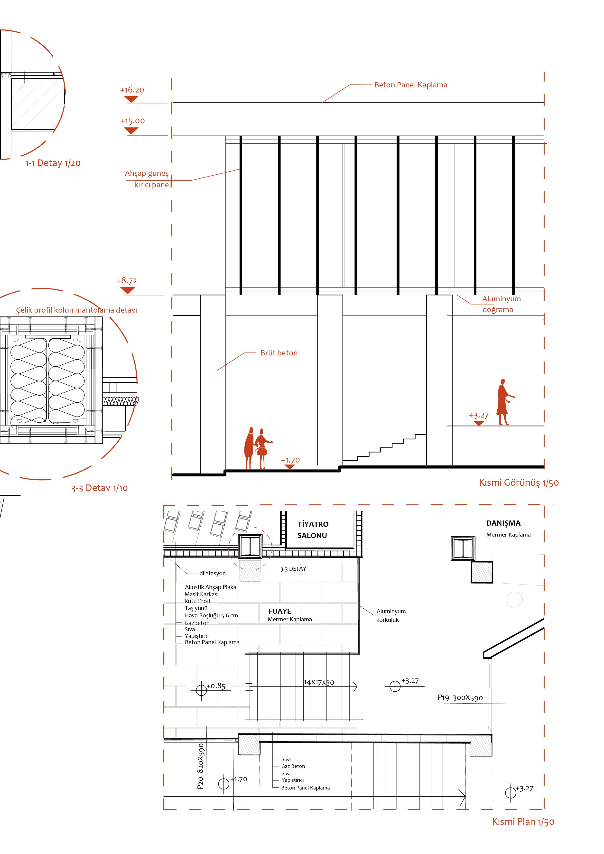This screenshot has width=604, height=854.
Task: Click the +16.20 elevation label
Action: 132,90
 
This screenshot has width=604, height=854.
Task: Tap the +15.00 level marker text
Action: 132,121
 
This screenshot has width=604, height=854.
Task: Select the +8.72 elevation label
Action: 127,281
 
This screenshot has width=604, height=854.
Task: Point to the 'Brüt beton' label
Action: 279,353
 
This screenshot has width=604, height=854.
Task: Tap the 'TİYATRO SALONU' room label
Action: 313,530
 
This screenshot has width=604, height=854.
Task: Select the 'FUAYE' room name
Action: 280,611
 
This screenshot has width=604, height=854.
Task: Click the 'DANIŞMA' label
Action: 503,523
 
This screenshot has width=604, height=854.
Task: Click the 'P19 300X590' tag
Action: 460,698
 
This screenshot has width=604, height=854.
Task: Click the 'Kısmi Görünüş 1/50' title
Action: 519,483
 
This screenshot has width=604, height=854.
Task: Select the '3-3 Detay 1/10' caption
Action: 99,488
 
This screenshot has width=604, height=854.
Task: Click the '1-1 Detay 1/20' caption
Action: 53,163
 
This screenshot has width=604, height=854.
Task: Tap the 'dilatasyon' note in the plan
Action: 212,573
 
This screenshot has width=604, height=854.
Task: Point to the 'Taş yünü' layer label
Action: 196,608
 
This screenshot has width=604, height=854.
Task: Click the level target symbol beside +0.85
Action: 201,690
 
